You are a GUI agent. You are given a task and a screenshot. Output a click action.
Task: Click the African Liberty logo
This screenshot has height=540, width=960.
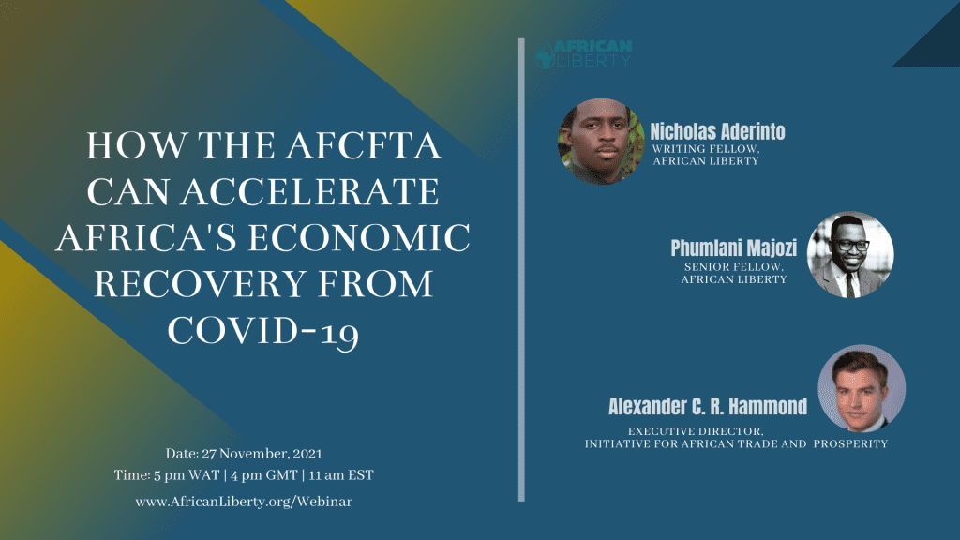coord(583,53)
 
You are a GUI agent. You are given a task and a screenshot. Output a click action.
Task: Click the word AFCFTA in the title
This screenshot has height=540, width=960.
coord(365,145)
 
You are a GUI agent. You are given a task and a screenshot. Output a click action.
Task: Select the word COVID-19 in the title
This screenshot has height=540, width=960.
coord(263,332)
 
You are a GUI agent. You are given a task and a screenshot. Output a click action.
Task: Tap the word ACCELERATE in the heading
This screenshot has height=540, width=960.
coord(309,191)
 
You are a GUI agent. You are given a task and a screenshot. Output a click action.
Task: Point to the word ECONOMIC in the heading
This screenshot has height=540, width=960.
coord(359,237)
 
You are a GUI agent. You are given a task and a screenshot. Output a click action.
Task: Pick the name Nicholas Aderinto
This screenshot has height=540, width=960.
coord(717,131)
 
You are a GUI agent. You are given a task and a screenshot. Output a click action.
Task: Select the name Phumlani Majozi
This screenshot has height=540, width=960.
coord(733,247)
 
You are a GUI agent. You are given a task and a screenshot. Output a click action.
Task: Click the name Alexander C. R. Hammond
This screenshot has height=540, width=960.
coord(708,407)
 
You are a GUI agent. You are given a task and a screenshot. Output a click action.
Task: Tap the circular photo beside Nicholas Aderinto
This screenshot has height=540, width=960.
coord(601,142)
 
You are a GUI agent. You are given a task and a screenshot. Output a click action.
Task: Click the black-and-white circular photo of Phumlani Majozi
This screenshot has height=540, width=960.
coord(850,255)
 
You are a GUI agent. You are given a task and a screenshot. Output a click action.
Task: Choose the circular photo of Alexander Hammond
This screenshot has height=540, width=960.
coord(862,388)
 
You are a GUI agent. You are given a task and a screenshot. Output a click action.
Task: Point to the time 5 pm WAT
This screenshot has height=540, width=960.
coord(187,475)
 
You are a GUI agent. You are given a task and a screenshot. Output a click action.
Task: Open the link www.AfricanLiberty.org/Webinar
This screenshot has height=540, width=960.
coord(244,502)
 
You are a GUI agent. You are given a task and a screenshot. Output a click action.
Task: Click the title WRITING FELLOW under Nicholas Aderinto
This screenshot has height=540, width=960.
coord(706,149)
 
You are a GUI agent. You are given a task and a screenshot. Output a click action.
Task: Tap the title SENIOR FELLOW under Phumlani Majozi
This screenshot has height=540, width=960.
coord(734,267)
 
